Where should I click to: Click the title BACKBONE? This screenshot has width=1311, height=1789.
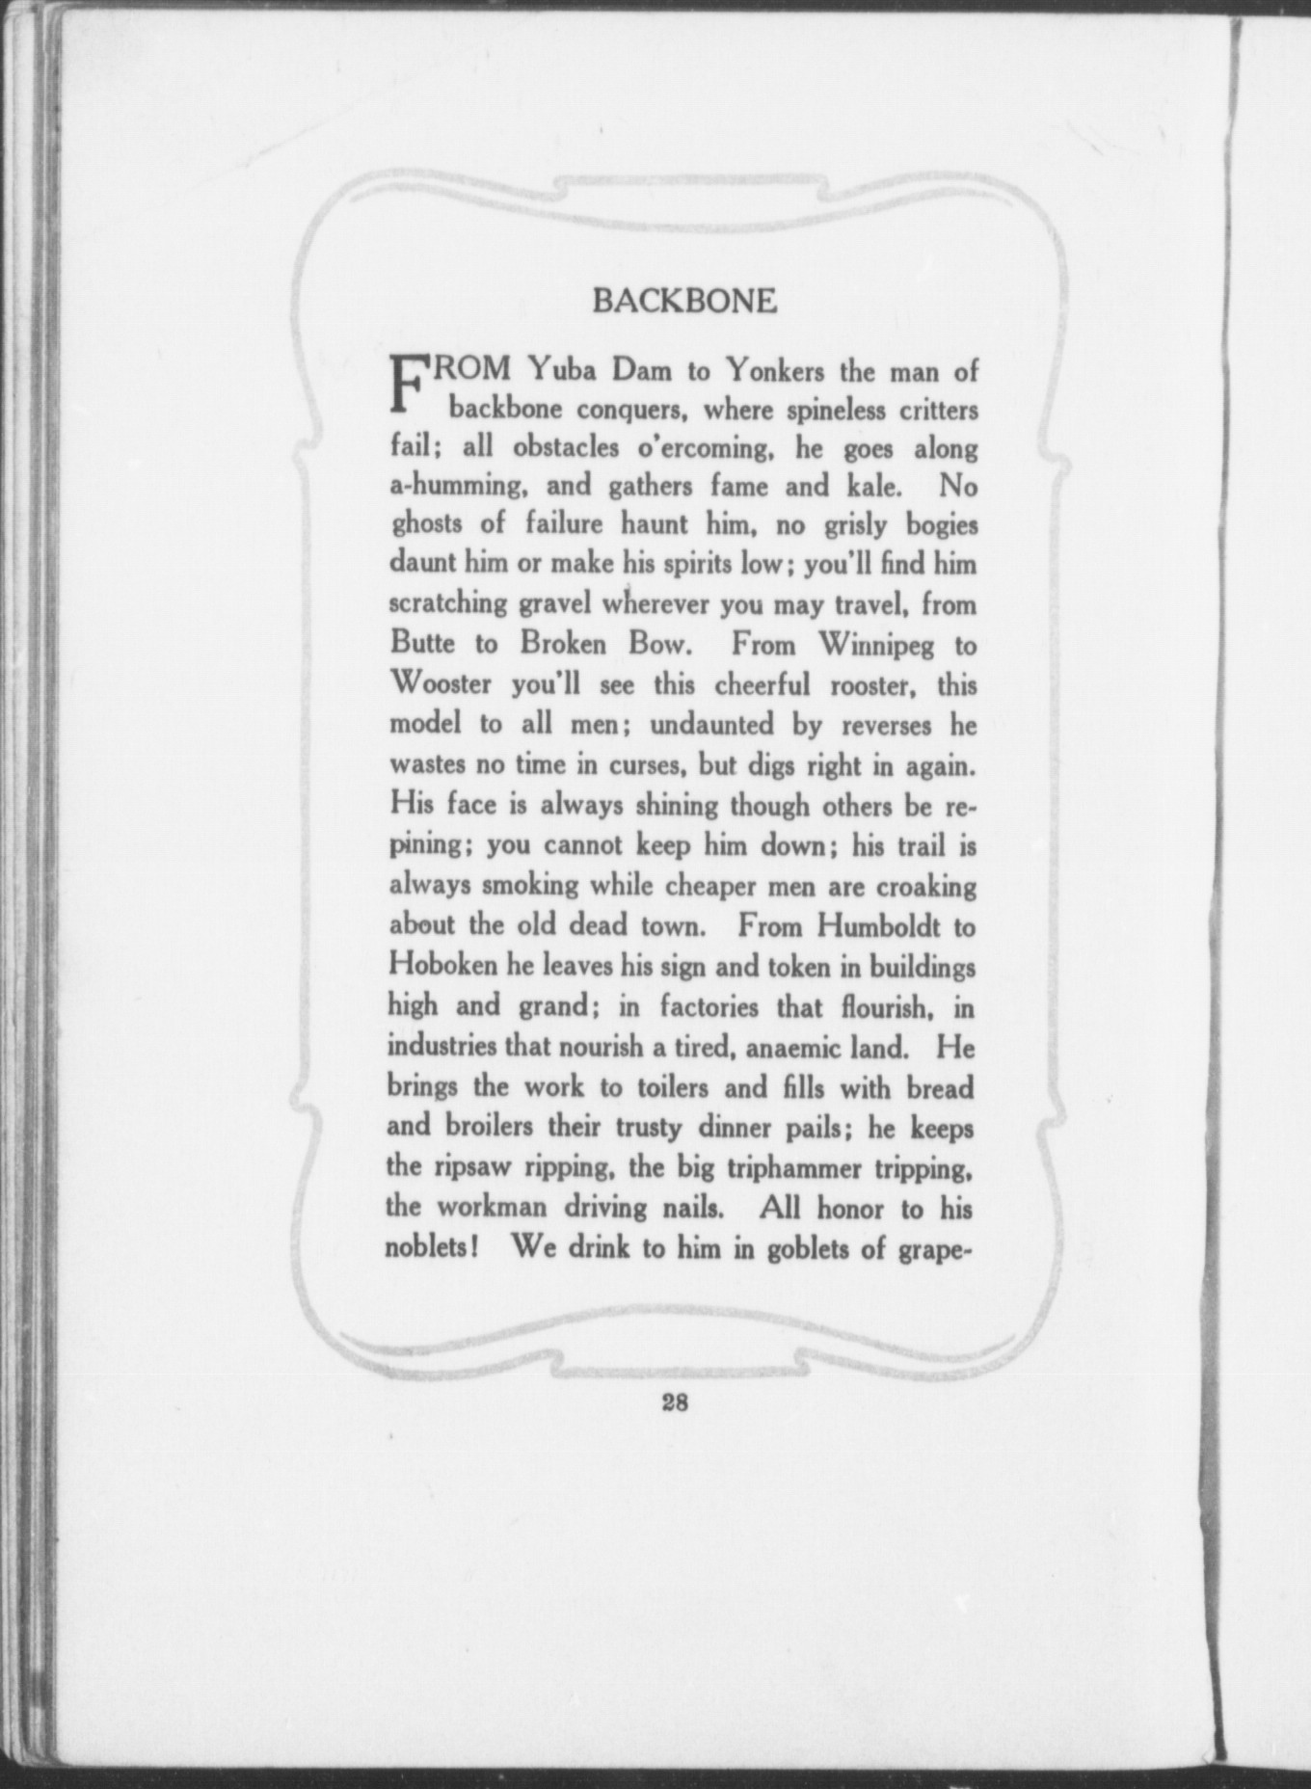tap(683, 302)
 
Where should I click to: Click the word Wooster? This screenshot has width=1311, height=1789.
tap(441, 684)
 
